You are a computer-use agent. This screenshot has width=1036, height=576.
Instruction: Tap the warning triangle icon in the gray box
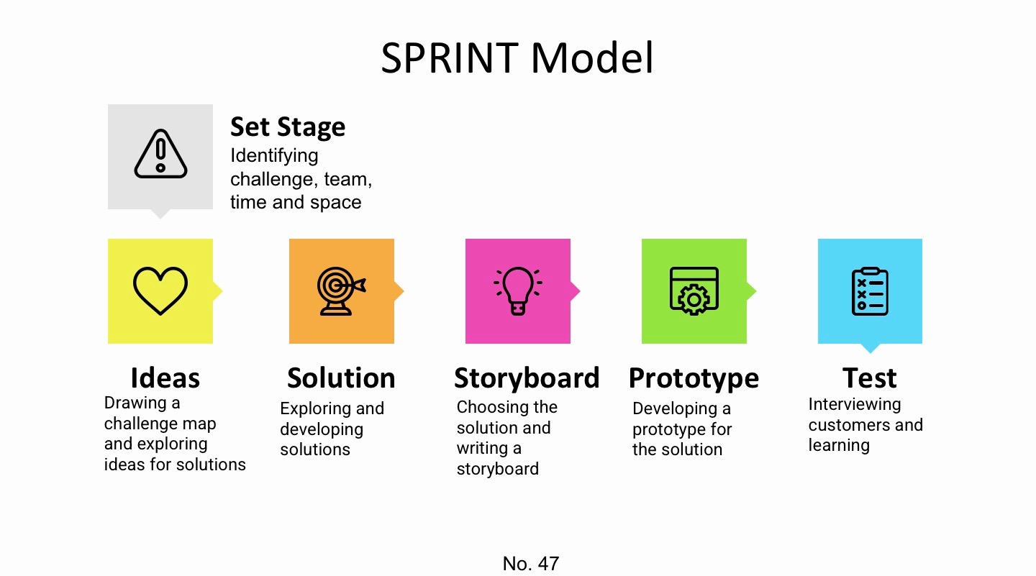160,155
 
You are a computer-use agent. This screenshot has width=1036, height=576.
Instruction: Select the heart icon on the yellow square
160,291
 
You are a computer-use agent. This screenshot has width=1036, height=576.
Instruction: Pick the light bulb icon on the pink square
517,291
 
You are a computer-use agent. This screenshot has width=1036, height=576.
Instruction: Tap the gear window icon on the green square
694,291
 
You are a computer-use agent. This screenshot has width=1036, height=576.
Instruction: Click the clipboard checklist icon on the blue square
870,291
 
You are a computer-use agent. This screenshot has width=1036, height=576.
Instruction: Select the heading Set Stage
288,127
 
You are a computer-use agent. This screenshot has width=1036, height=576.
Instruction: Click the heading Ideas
165,378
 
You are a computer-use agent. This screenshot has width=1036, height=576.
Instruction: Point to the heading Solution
341,378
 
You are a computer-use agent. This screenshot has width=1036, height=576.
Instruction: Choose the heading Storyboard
527,378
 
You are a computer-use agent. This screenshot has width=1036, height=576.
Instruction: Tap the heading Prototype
694,378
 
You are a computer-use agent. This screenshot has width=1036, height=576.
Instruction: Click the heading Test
870,378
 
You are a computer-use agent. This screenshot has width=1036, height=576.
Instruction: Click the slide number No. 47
531,563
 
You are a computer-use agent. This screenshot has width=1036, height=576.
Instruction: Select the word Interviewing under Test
854,404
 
